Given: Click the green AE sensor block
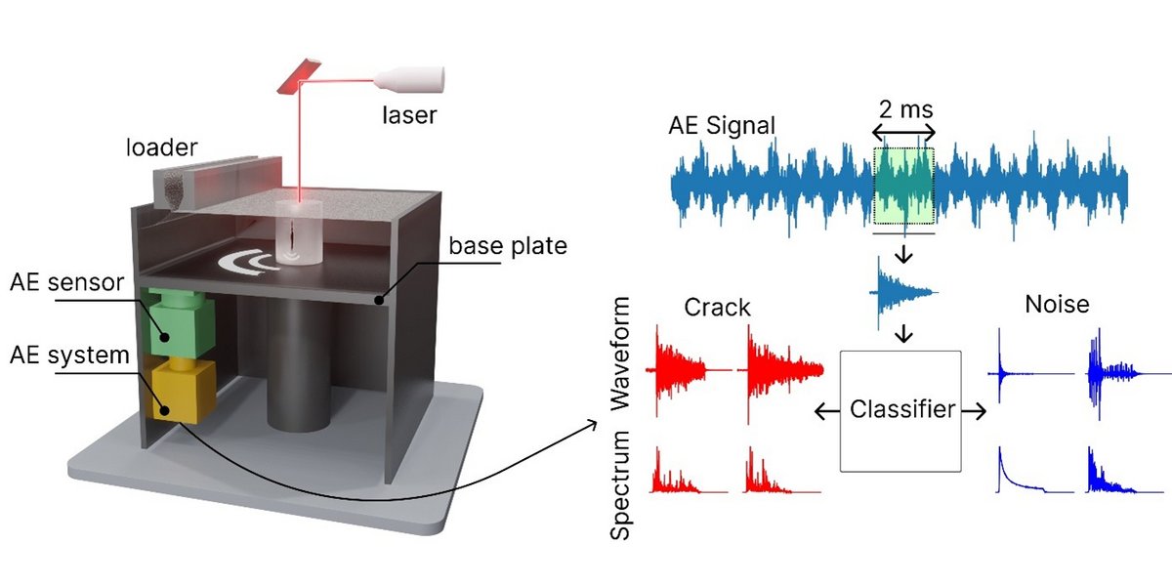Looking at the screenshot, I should tap(173, 321).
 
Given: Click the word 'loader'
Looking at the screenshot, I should tap(160, 148).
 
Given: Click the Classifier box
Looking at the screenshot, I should tap(901, 409).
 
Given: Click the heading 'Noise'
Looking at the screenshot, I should tap(1057, 305).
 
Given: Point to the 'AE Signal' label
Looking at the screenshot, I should tap(722, 125).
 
